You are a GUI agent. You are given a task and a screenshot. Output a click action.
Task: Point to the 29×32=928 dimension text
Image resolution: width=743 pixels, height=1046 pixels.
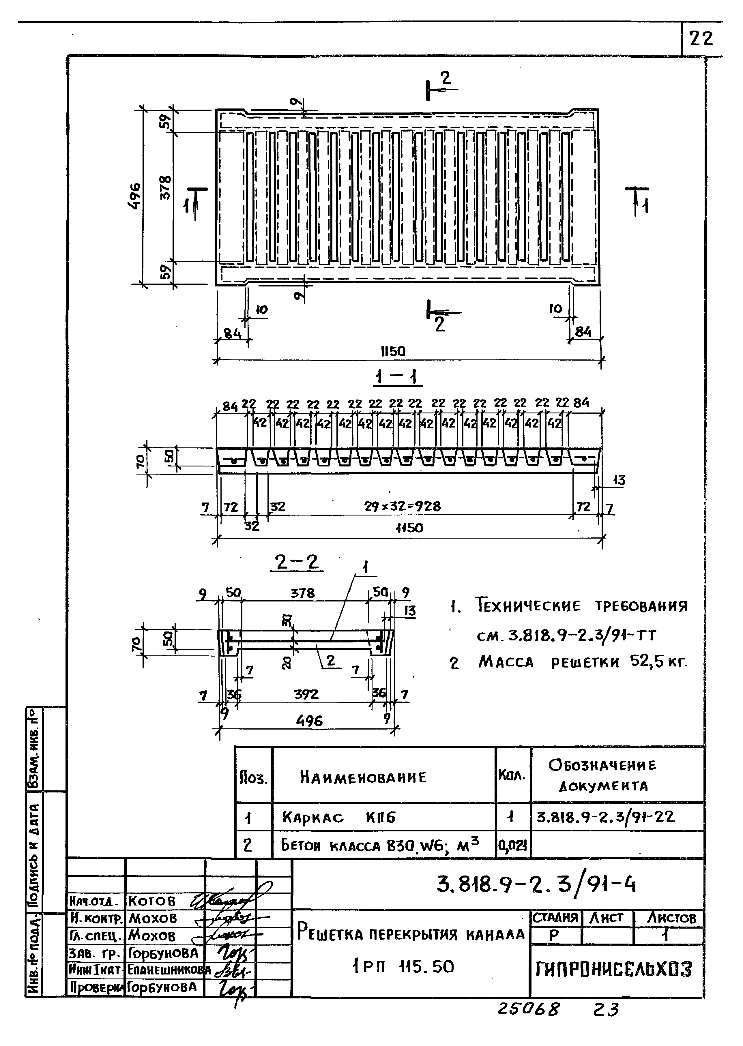pyautogui.click(x=402, y=506)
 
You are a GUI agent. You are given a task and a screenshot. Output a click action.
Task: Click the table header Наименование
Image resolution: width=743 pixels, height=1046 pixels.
pyautogui.click(x=363, y=777)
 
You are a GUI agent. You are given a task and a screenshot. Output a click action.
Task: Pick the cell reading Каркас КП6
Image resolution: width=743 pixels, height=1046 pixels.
pyautogui.click(x=338, y=817)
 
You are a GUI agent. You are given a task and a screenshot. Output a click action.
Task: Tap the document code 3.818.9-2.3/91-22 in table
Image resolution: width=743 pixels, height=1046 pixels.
pyautogui.click(x=605, y=817)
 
